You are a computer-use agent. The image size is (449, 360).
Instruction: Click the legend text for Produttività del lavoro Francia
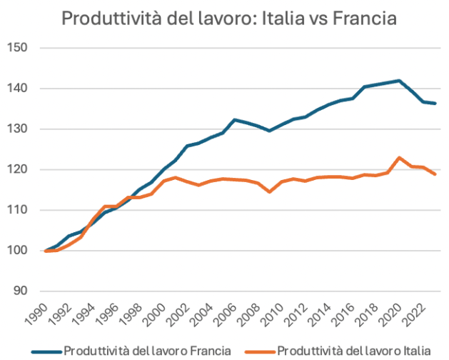[147, 350]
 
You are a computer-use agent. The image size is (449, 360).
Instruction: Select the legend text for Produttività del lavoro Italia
[354, 350]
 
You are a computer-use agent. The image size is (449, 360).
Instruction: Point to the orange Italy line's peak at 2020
[400, 158]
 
